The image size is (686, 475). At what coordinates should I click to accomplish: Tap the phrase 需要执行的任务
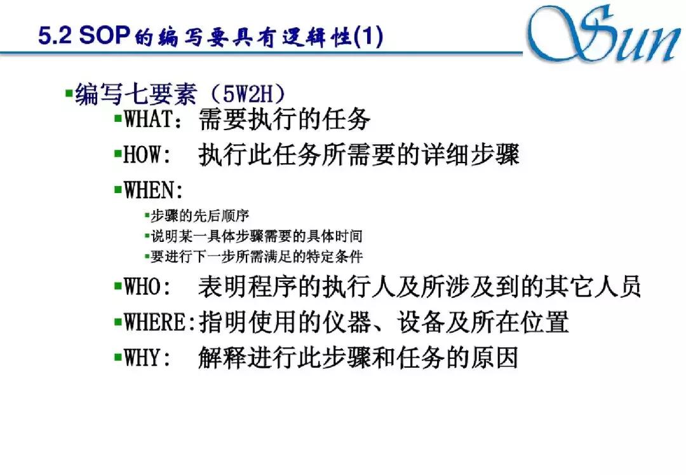[284, 119]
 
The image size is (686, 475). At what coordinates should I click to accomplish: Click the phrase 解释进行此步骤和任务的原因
[358, 358]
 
